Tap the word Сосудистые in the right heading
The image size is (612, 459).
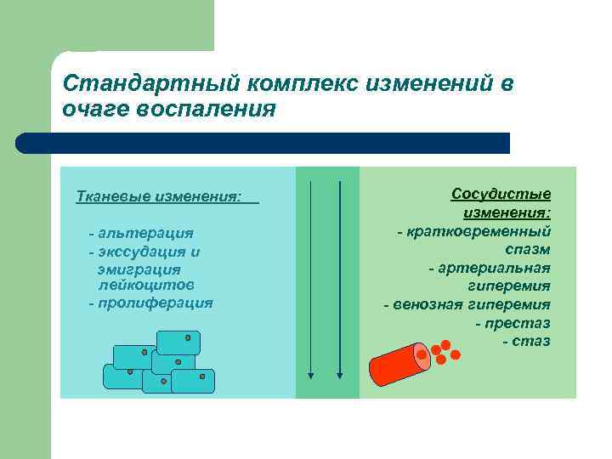pos(501,194)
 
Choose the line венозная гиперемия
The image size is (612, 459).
pos(467,304)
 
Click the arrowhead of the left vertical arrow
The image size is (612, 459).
pos(311,375)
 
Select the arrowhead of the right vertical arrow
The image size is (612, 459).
pos(339,375)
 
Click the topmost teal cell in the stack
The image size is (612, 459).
pos(178,342)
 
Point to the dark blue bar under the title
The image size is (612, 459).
pos(263,143)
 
